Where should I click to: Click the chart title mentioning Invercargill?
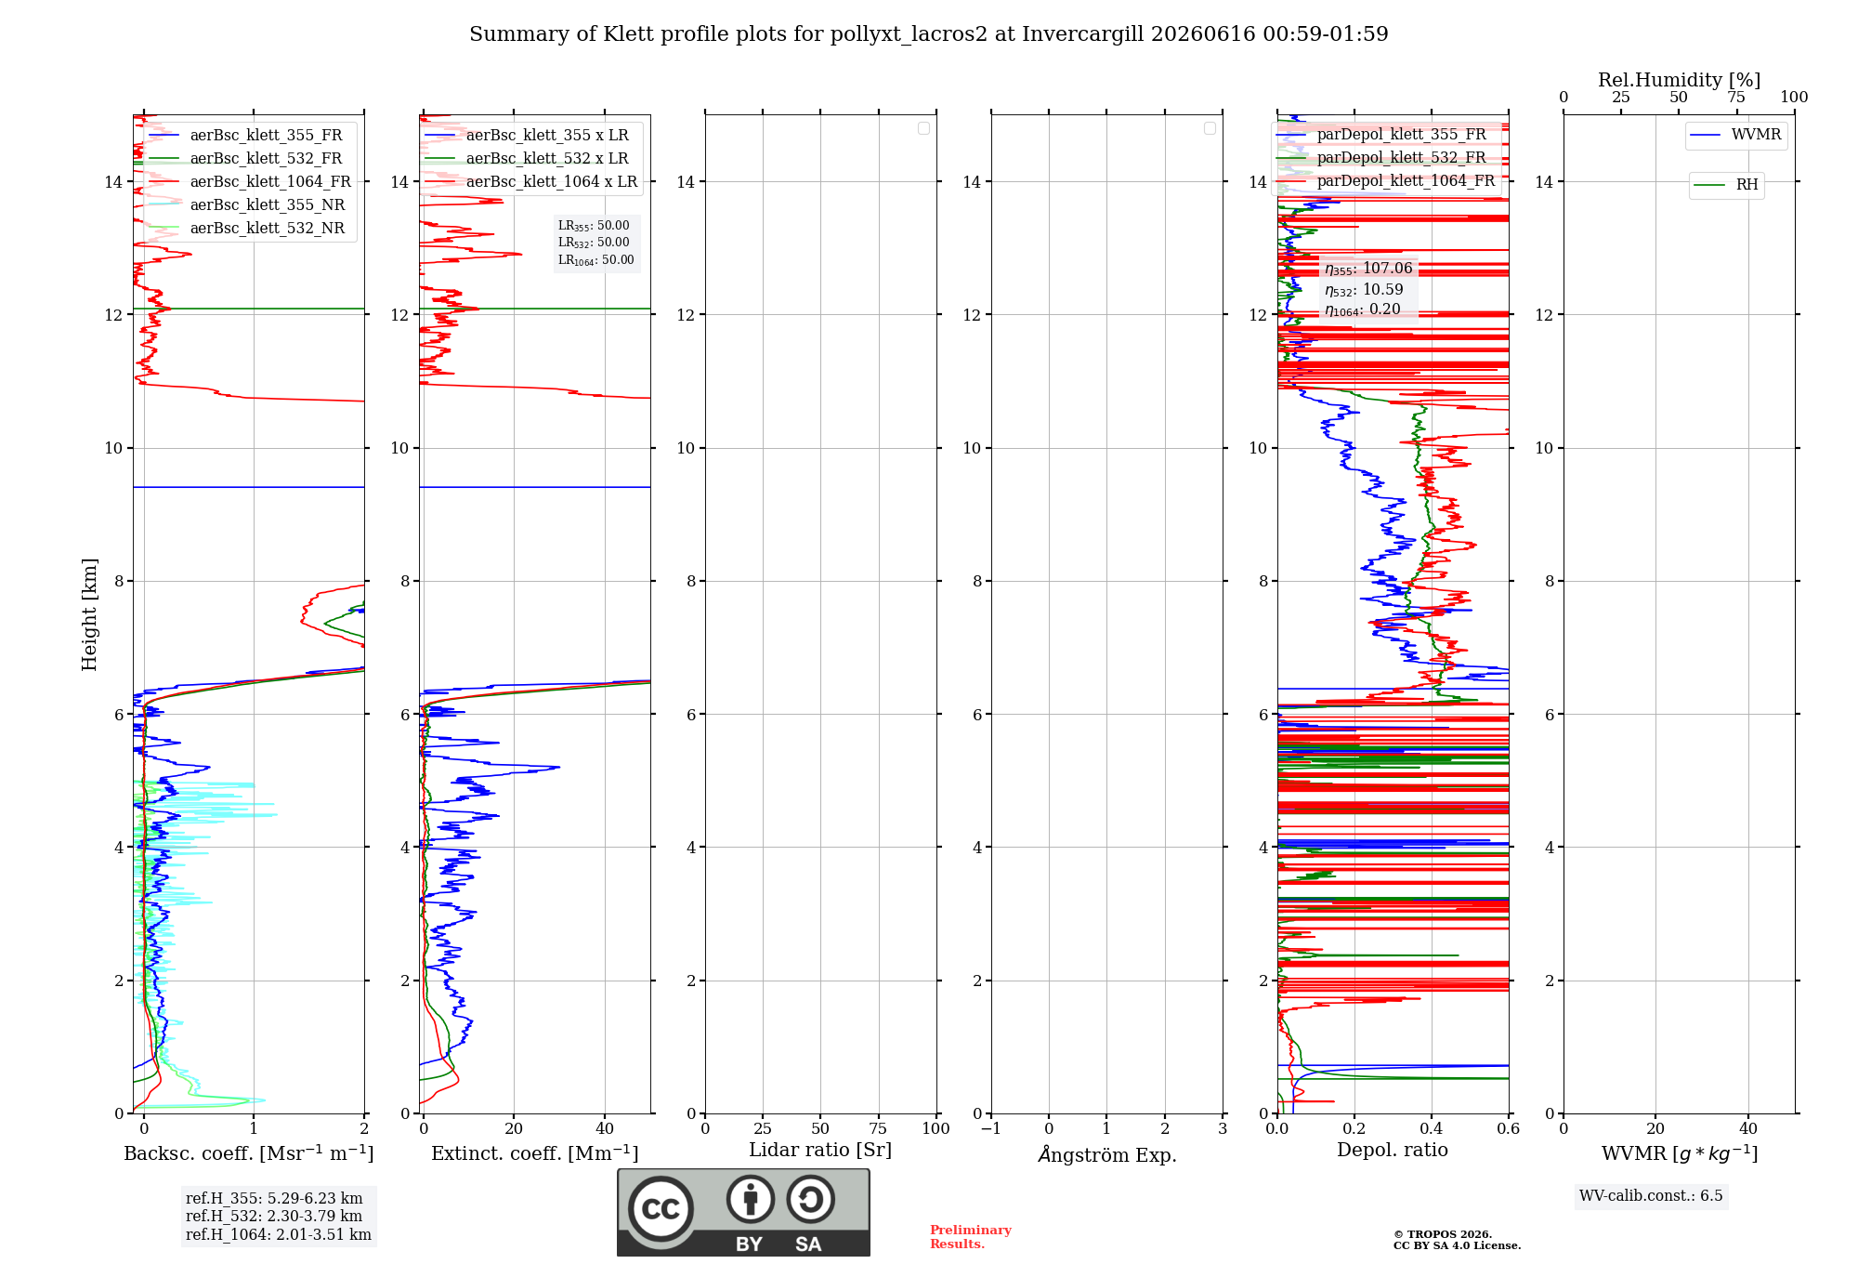tap(928, 34)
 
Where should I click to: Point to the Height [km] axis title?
tap(89, 614)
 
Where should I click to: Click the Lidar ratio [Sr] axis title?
tap(820, 1151)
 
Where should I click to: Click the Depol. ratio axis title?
tap(1393, 1151)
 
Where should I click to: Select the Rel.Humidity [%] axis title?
tap(1680, 80)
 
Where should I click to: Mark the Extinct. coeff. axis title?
tap(535, 1153)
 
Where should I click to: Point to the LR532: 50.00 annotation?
tap(594, 243)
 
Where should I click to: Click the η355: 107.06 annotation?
tap(1368, 269)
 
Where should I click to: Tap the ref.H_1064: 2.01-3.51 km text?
tap(279, 1234)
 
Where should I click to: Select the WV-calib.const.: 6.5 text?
tap(1651, 1196)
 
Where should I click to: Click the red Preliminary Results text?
tap(971, 1237)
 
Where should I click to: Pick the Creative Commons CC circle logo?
tap(661, 1209)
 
